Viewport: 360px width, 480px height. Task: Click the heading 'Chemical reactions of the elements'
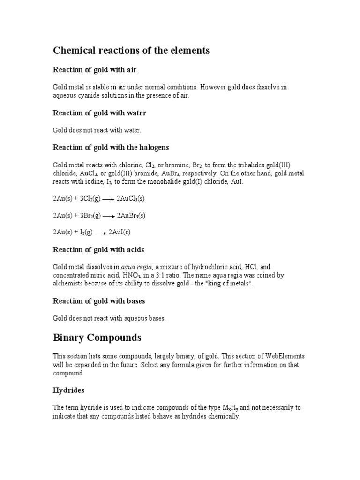click(131, 51)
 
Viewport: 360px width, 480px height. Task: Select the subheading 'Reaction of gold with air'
click(95, 70)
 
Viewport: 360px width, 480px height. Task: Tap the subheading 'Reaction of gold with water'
click(99, 113)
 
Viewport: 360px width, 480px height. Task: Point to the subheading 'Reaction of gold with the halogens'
click(111, 147)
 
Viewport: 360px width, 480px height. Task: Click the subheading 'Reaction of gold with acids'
click(98, 250)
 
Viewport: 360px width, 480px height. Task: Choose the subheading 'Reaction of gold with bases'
click(99, 301)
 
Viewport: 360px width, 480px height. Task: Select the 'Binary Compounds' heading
click(97, 337)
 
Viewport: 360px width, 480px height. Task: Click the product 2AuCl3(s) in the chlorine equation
click(131, 199)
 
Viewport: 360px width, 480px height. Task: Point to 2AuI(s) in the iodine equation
click(120, 232)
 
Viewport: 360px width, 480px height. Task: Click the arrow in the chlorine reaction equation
click(108, 199)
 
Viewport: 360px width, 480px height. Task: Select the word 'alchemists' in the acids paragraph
click(67, 284)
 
